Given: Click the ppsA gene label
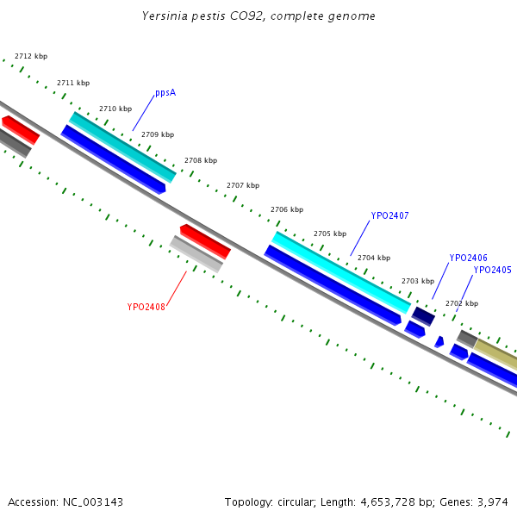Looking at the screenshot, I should [x=165, y=92].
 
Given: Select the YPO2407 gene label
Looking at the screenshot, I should [x=389, y=215].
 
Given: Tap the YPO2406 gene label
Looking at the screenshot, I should [x=468, y=258].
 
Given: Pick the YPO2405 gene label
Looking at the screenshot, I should [x=492, y=270].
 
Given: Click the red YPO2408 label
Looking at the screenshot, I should [x=146, y=307].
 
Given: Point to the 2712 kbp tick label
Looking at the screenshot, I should [x=31, y=56].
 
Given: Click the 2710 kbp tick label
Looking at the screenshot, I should [x=115, y=109].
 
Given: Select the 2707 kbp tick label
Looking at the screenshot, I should [x=243, y=185].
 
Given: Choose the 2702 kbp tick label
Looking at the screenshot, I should [x=461, y=303].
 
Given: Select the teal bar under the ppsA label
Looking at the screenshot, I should [x=122, y=146].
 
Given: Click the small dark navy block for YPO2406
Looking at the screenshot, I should [x=423, y=315].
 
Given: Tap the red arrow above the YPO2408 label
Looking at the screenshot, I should [x=205, y=240].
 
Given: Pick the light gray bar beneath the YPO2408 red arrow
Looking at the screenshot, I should [x=196, y=253].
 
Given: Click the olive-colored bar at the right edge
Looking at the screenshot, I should [x=496, y=353].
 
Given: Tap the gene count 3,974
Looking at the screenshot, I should [x=493, y=501].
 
